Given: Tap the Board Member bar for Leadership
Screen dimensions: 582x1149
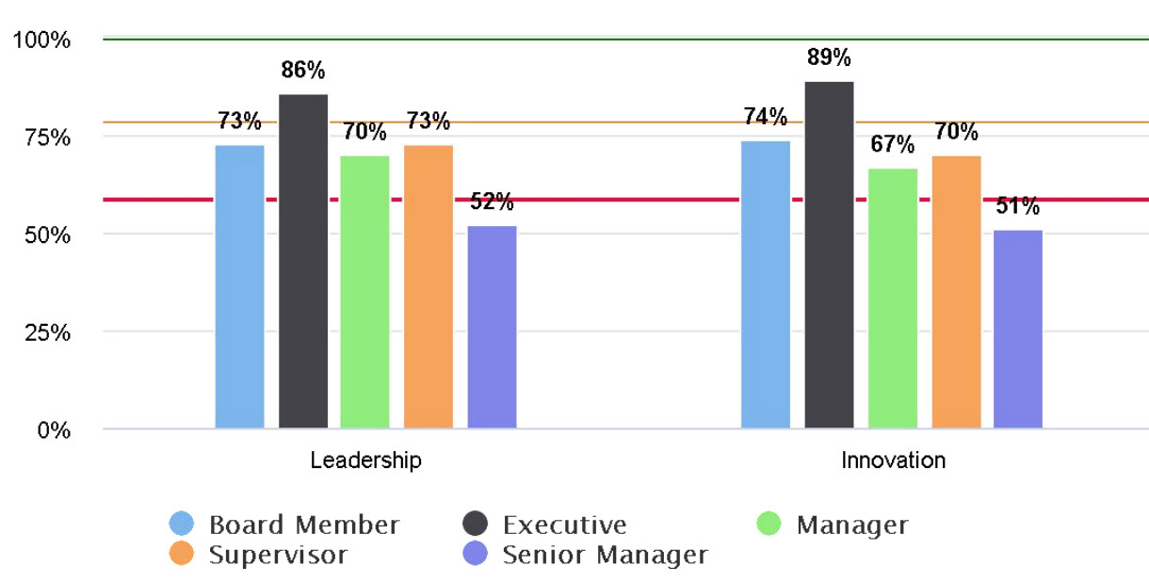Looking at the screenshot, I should click(x=240, y=286).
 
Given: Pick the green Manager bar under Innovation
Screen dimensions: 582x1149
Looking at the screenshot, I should click(x=893, y=299).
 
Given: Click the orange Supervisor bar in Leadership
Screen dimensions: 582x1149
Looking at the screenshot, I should click(x=429, y=286).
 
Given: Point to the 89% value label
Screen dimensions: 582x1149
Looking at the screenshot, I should click(x=829, y=58).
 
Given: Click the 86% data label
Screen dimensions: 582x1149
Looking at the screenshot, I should click(x=303, y=70).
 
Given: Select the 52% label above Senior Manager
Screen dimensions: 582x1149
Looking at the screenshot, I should click(x=492, y=202).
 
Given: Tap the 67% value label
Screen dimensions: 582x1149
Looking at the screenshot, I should click(x=893, y=144).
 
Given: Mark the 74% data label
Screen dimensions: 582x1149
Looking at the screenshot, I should click(x=765, y=117).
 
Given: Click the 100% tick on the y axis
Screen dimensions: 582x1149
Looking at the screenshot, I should click(x=41, y=40).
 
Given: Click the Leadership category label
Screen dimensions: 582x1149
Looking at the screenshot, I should click(x=365, y=461).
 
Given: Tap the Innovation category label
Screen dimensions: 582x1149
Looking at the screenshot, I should click(x=893, y=461).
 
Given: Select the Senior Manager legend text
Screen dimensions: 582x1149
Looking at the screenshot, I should click(x=605, y=555).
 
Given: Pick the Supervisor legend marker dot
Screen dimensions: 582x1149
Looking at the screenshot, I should click(x=182, y=555).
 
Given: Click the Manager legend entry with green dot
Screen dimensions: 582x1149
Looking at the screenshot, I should click(x=833, y=525).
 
